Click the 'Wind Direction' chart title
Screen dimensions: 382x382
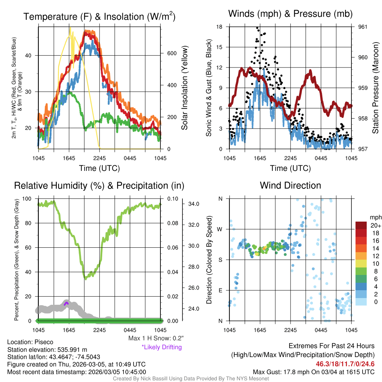coord(290,185)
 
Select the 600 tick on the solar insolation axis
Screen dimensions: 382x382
coord(172,53)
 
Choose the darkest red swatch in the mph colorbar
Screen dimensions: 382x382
coord(361,225)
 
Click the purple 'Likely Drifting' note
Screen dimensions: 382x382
coord(162,347)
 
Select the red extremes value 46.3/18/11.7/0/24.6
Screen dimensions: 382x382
coord(345,364)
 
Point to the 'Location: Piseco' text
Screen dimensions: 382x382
coord(30,342)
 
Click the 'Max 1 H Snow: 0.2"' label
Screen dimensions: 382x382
coord(156,338)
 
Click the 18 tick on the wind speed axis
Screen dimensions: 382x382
coord(219,27)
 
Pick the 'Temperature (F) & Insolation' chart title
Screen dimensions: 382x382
coord(99,17)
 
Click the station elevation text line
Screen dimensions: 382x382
coord(47,350)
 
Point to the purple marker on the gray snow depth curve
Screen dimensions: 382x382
coord(66,303)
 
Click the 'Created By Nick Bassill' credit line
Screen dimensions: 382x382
coord(191,379)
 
